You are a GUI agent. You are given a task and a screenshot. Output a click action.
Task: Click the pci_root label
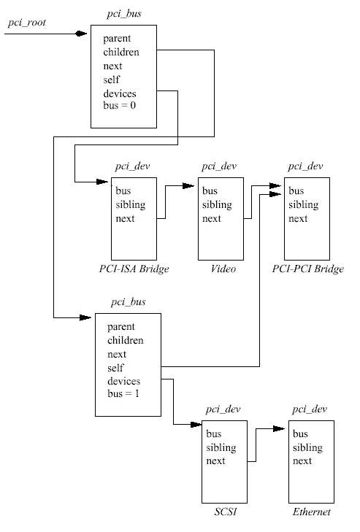[27, 23]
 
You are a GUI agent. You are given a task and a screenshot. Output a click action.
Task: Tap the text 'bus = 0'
[119, 105]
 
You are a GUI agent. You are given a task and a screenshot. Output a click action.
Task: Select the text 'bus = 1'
[123, 393]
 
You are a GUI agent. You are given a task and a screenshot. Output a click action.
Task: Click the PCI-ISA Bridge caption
[134, 269]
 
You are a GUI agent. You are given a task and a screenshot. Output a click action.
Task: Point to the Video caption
[223, 269]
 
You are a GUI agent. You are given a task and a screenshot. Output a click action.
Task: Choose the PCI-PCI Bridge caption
[307, 269]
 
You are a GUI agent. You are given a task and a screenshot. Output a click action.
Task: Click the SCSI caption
[226, 512]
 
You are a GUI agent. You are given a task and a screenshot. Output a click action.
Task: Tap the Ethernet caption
[311, 512]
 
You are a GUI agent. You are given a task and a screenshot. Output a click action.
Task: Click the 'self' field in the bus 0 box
[112, 80]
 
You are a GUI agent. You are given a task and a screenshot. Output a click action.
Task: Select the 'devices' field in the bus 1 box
[123, 381]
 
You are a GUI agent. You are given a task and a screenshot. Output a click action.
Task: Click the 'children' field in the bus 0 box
[121, 52]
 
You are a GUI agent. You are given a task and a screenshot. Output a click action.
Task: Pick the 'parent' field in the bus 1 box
[121, 327]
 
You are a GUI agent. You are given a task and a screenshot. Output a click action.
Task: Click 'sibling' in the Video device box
[217, 205]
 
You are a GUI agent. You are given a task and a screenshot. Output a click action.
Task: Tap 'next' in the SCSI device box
[215, 460]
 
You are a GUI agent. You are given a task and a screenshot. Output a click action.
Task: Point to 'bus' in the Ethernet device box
[300, 433]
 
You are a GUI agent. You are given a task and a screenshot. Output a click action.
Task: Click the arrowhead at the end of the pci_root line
[81, 34]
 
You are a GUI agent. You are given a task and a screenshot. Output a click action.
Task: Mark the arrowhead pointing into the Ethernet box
[279, 428]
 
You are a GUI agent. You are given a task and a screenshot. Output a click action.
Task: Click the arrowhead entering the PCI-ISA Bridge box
[102, 182]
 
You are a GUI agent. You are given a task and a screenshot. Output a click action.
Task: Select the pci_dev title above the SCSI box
[223, 409]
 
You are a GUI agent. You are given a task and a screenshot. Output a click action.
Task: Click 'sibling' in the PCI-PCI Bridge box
[304, 205]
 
